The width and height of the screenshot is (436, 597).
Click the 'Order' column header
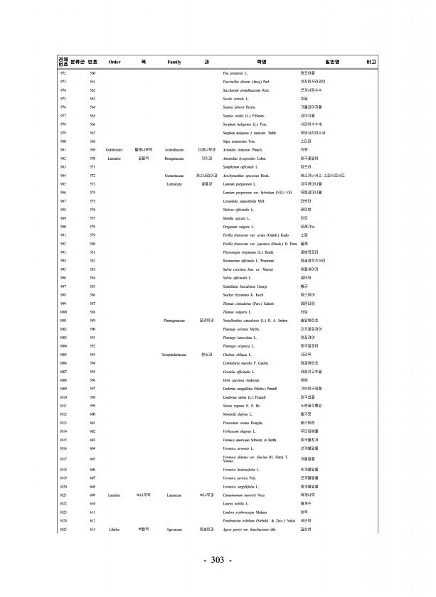[x=114, y=62]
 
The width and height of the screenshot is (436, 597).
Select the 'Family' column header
[x=174, y=62]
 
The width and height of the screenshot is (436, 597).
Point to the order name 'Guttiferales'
[x=115, y=150]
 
